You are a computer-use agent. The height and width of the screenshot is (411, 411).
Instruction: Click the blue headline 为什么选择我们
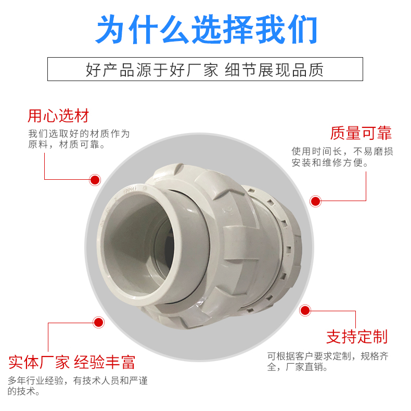[x=207, y=29]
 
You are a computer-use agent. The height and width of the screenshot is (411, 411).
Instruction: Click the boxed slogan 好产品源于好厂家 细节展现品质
[x=204, y=70]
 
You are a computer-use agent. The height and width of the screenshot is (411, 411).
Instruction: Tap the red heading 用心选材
[x=58, y=115]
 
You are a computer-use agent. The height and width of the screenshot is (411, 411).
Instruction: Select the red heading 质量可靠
[x=361, y=133]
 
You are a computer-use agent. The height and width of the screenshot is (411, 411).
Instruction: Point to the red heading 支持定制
[x=357, y=337]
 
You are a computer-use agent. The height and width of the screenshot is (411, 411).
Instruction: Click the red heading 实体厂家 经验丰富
[x=72, y=362]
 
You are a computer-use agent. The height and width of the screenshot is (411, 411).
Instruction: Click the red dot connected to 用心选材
[x=95, y=180]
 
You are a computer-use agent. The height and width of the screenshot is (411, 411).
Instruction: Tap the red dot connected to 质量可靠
[x=315, y=201]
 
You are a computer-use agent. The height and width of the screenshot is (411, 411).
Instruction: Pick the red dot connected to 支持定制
[x=305, y=311]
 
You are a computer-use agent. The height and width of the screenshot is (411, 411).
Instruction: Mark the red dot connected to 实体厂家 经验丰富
[x=98, y=322]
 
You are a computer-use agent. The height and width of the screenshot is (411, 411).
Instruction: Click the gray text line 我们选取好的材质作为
[x=79, y=134]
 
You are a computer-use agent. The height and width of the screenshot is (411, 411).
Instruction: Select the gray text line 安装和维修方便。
[x=330, y=163]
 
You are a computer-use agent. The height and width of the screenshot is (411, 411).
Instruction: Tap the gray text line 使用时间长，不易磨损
[x=342, y=152]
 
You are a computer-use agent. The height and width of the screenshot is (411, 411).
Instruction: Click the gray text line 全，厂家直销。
[x=298, y=367]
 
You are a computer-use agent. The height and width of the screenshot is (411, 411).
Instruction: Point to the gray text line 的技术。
[x=23, y=391]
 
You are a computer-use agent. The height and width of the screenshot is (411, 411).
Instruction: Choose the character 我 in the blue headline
[x=271, y=29]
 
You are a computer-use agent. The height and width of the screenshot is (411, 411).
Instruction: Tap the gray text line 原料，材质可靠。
[x=67, y=144]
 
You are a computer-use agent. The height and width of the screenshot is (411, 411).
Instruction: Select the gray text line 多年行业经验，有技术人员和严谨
[x=78, y=380]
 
